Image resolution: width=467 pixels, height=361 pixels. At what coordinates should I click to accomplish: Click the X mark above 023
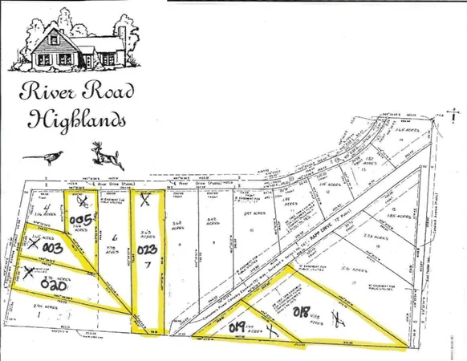144,202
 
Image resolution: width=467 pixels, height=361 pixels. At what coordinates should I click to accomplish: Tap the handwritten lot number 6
116,237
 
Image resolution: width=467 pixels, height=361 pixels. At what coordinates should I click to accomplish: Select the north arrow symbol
441,114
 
